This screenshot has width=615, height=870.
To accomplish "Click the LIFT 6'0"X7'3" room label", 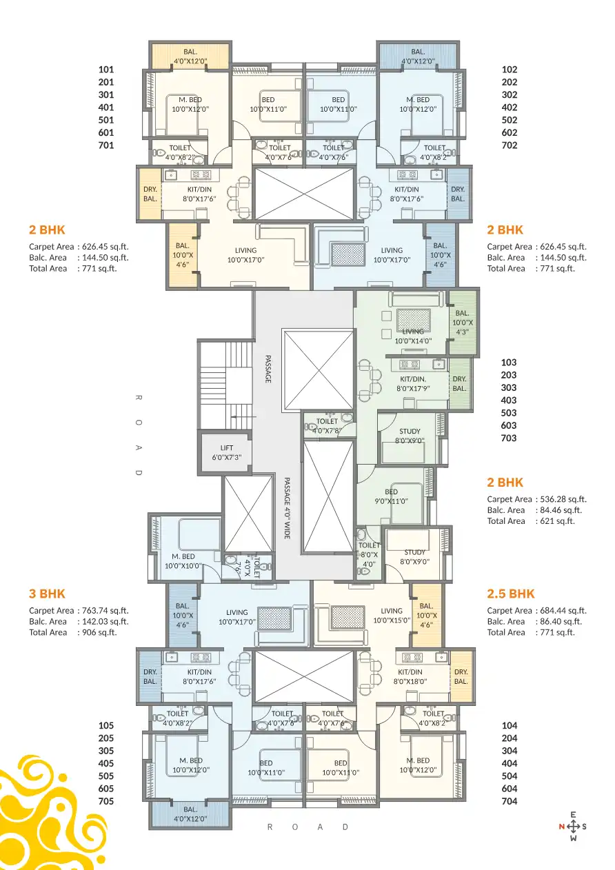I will [x=226, y=452].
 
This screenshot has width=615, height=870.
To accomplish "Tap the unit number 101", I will [x=106, y=70].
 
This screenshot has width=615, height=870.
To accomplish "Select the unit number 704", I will [x=510, y=801].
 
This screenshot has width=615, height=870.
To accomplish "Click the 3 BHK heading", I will [x=47, y=594].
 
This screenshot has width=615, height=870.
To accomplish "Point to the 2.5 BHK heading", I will [x=511, y=594].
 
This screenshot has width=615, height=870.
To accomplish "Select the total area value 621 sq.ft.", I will [x=555, y=521].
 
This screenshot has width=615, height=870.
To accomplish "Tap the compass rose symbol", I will [x=573, y=826].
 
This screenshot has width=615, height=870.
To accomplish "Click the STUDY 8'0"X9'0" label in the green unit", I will [x=410, y=436].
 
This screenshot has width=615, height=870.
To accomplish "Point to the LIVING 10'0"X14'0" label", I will [x=413, y=336].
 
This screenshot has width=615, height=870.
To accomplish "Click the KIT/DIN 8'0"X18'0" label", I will [x=410, y=676].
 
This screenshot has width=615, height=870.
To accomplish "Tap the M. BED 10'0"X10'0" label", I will [x=183, y=560].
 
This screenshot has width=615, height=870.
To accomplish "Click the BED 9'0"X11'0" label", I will [x=391, y=496].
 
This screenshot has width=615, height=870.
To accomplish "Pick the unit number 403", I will [x=509, y=400].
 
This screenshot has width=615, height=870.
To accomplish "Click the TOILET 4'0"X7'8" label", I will [x=327, y=425].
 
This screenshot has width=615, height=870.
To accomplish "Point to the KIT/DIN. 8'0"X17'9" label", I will [x=413, y=383].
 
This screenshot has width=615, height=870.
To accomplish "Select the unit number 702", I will [x=510, y=145].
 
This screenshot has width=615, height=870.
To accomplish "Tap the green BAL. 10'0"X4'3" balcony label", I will [x=462, y=322].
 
